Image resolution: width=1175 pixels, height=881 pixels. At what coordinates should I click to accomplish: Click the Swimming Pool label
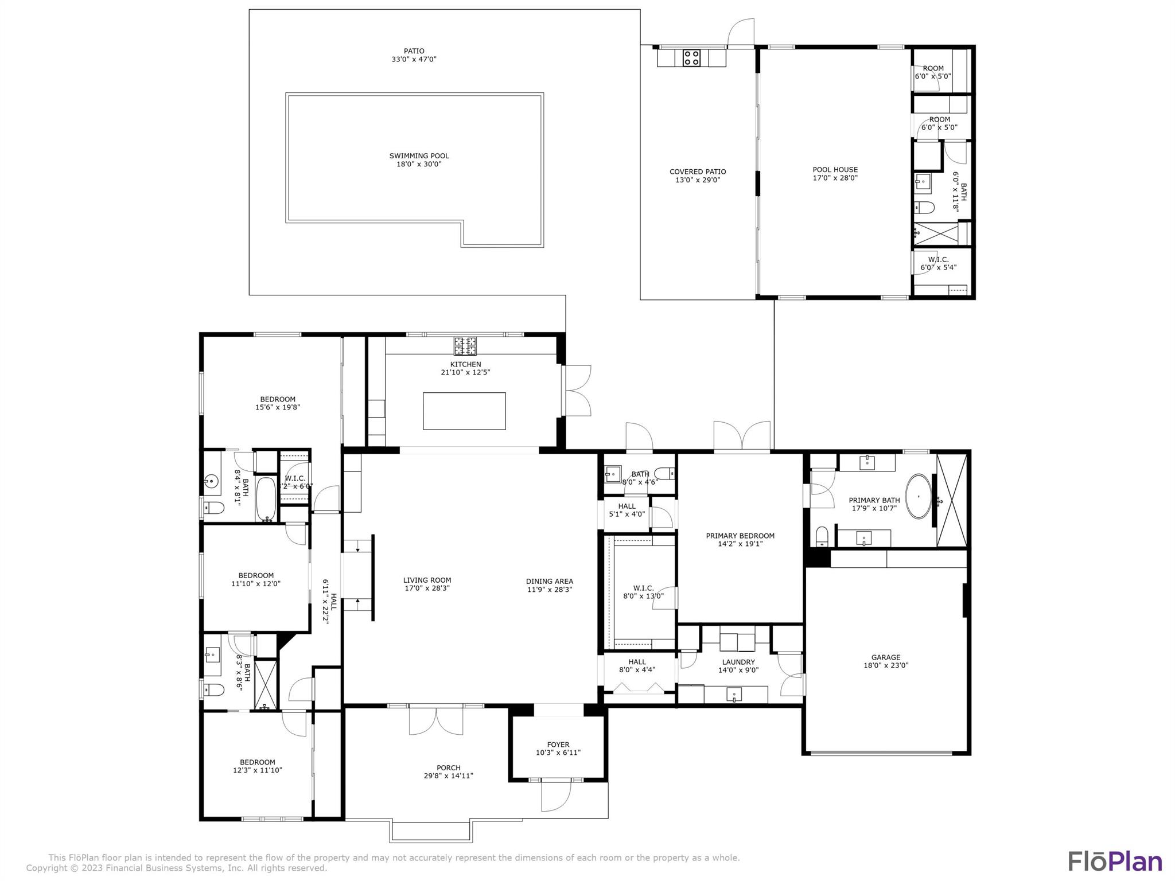(x=419, y=156)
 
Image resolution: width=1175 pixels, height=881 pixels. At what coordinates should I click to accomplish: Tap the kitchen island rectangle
(x=464, y=411)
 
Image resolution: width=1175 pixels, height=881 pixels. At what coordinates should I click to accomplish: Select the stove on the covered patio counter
(x=691, y=58)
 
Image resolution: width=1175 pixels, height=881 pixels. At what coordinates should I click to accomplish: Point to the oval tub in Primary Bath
(x=918, y=496)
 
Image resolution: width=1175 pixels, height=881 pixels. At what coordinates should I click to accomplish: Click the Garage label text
(x=886, y=657)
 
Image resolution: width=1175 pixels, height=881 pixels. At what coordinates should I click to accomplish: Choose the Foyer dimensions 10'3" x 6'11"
(x=558, y=753)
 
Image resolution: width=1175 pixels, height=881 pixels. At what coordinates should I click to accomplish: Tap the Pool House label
(x=835, y=170)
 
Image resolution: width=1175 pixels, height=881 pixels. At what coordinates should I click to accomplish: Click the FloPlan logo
(x=1115, y=861)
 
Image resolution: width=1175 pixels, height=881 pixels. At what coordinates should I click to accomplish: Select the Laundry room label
(x=738, y=662)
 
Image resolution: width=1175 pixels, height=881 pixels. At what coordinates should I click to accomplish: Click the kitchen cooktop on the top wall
(x=465, y=346)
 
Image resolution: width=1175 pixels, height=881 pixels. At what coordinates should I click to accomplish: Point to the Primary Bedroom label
(x=740, y=536)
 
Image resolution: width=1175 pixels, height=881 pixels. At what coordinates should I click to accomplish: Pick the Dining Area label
(x=549, y=581)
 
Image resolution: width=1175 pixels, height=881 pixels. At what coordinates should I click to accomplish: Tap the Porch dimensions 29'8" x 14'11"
(x=448, y=776)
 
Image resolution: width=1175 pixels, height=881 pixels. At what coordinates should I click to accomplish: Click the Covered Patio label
(x=698, y=171)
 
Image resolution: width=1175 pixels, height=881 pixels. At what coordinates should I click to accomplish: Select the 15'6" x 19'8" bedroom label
(x=278, y=403)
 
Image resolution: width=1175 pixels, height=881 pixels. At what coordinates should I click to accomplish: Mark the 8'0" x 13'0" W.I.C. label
(x=643, y=592)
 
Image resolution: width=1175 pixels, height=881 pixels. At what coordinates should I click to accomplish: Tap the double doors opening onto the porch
(x=435, y=721)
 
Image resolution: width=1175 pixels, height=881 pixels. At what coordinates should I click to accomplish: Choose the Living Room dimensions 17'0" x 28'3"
(x=427, y=588)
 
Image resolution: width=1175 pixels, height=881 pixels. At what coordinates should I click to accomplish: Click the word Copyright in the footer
(x=47, y=868)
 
